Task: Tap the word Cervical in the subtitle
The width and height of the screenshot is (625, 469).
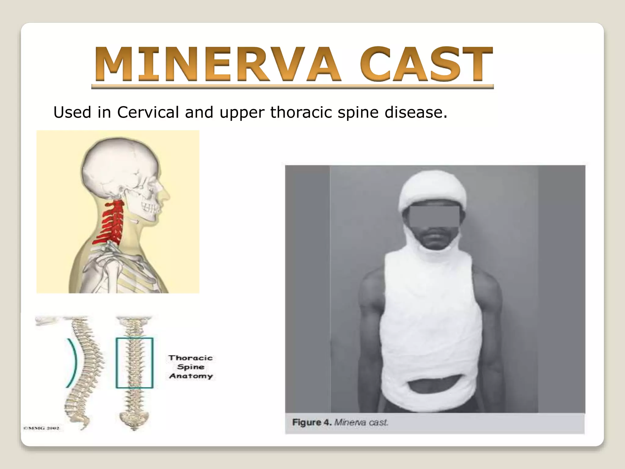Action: (x=148, y=112)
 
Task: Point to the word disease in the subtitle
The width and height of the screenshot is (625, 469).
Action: (x=416, y=112)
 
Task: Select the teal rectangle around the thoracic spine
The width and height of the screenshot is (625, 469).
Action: (x=134, y=363)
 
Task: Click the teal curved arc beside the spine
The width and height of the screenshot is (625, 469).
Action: (x=73, y=363)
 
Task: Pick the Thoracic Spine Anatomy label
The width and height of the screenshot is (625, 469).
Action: (x=191, y=367)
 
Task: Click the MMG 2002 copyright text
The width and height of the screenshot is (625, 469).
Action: (x=42, y=428)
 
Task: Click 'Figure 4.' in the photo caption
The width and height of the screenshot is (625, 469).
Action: (x=312, y=423)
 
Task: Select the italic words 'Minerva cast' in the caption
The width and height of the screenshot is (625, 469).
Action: (x=361, y=423)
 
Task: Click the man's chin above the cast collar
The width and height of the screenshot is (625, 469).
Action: (x=433, y=244)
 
